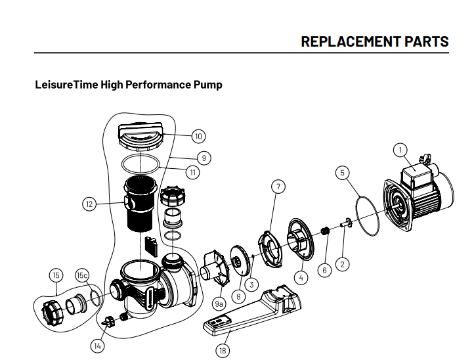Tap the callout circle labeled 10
coord(198,136)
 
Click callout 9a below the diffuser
coord(219,304)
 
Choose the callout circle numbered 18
coord(222,350)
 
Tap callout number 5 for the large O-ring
coord(341,173)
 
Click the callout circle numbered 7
coord(278,187)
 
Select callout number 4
coord(301,277)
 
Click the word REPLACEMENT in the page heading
coord(347,41)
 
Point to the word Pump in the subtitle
coord(207,85)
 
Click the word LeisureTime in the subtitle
coord(64,85)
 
